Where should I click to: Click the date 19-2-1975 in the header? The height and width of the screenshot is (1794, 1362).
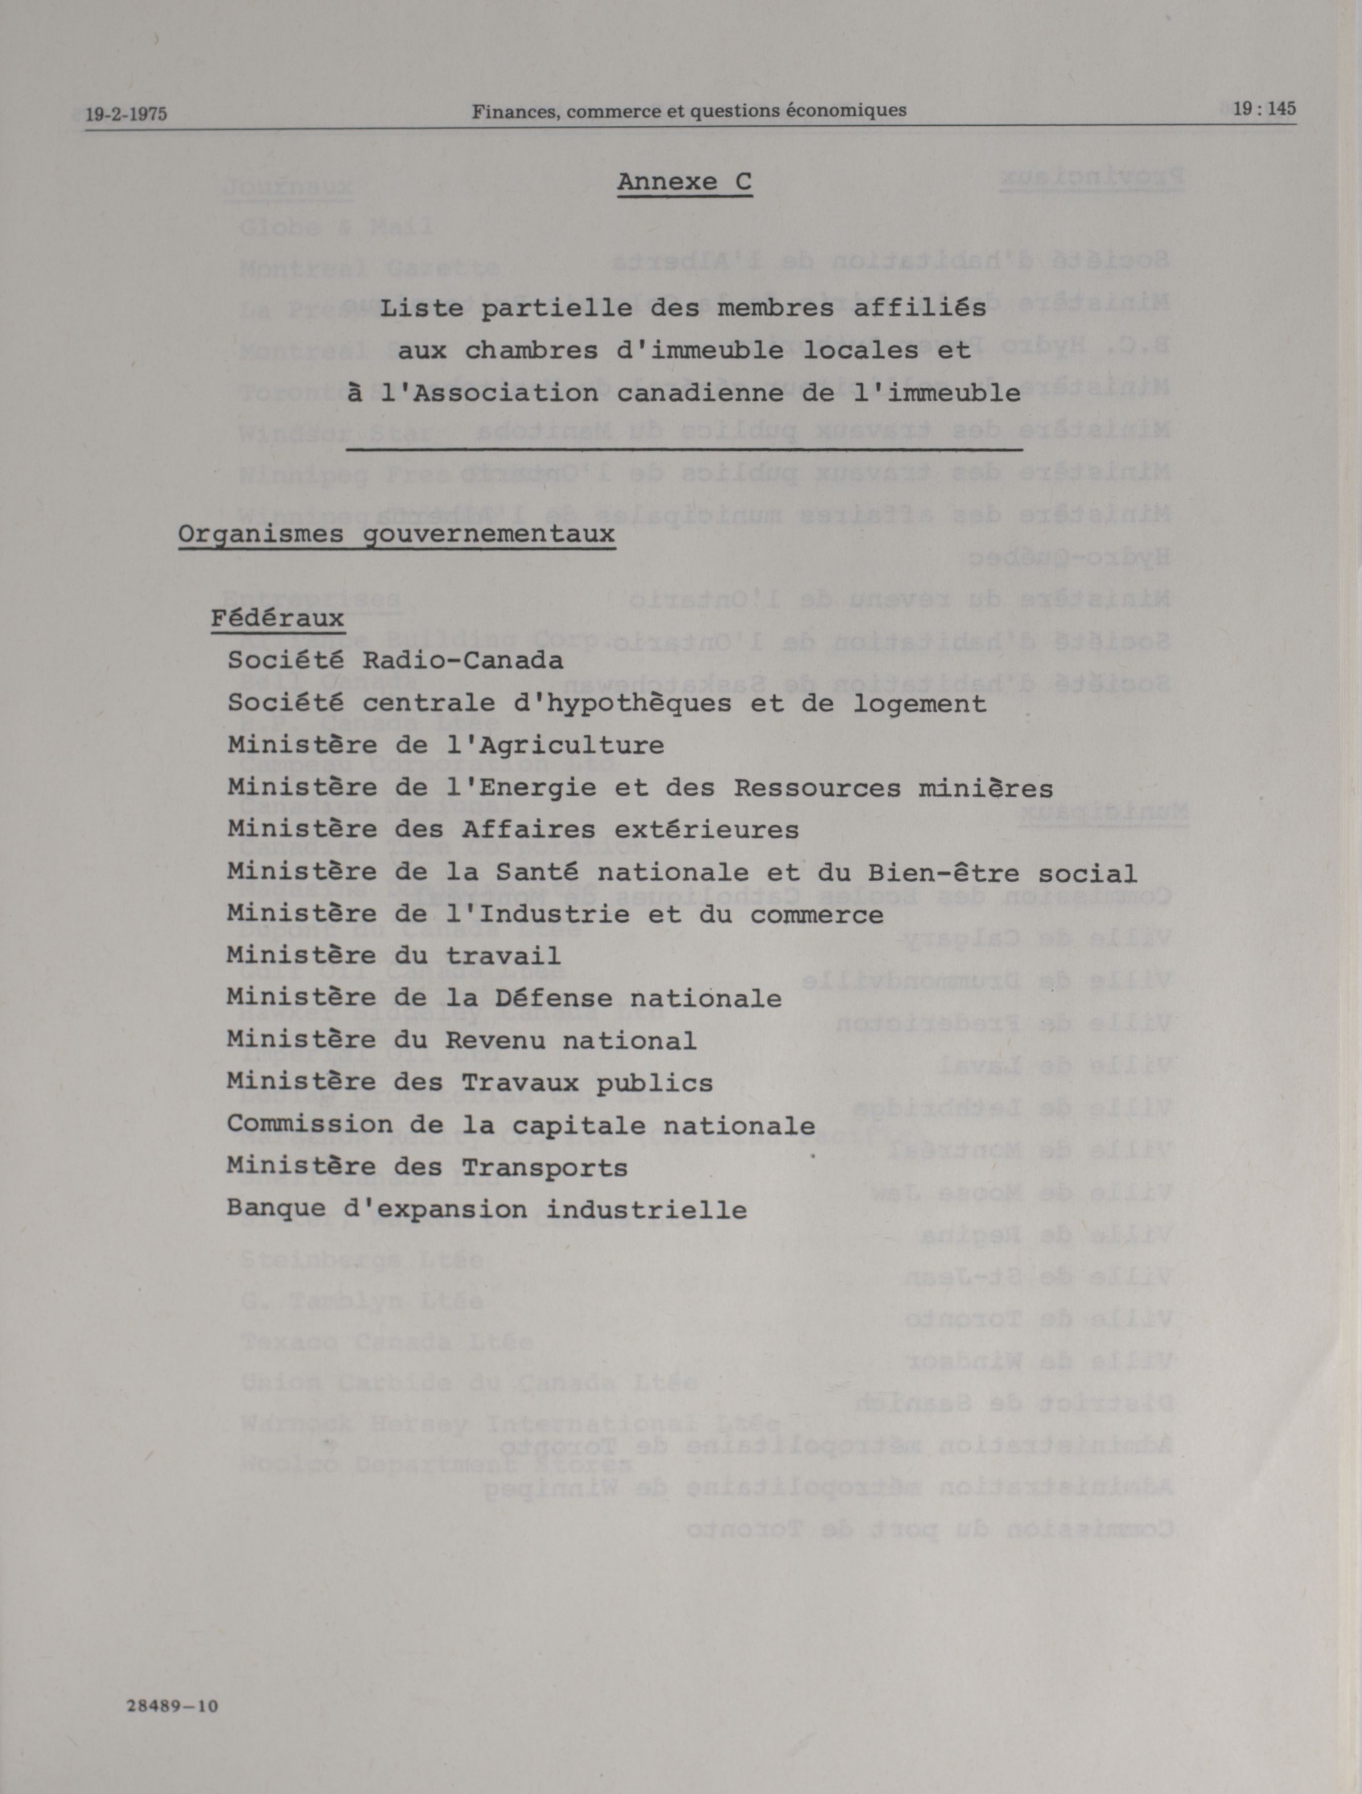coord(126,113)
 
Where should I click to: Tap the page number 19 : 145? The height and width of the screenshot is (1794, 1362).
coord(1264,109)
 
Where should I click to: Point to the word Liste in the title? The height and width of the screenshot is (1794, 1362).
coord(422,308)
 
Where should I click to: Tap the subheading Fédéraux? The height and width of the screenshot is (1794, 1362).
coord(277,619)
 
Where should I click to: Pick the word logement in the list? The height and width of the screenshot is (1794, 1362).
coord(919,704)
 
